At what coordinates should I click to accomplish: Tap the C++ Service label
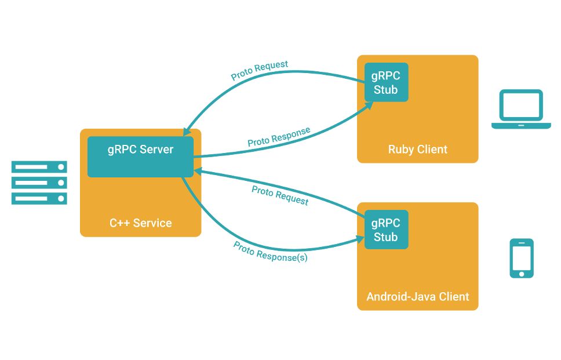[141, 223]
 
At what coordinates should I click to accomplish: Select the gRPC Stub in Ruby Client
[386, 83]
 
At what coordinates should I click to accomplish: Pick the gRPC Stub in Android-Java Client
[386, 230]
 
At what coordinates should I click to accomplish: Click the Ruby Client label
[418, 150]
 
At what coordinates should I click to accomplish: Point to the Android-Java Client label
[418, 297]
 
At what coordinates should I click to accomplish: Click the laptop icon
[521, 109]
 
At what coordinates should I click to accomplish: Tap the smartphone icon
[522, 258]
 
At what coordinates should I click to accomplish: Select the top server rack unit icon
[39, 167]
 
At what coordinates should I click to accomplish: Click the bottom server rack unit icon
[39, 199]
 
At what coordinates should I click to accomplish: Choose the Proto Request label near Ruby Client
[260, 71]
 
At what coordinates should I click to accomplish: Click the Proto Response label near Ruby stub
[279, 137]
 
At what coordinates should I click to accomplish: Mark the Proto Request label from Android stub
[280, 196]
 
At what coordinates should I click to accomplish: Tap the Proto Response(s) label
[270, 252]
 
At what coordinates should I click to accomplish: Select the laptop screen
[522, 106]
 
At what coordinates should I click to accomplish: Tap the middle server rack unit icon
[39, 183]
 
